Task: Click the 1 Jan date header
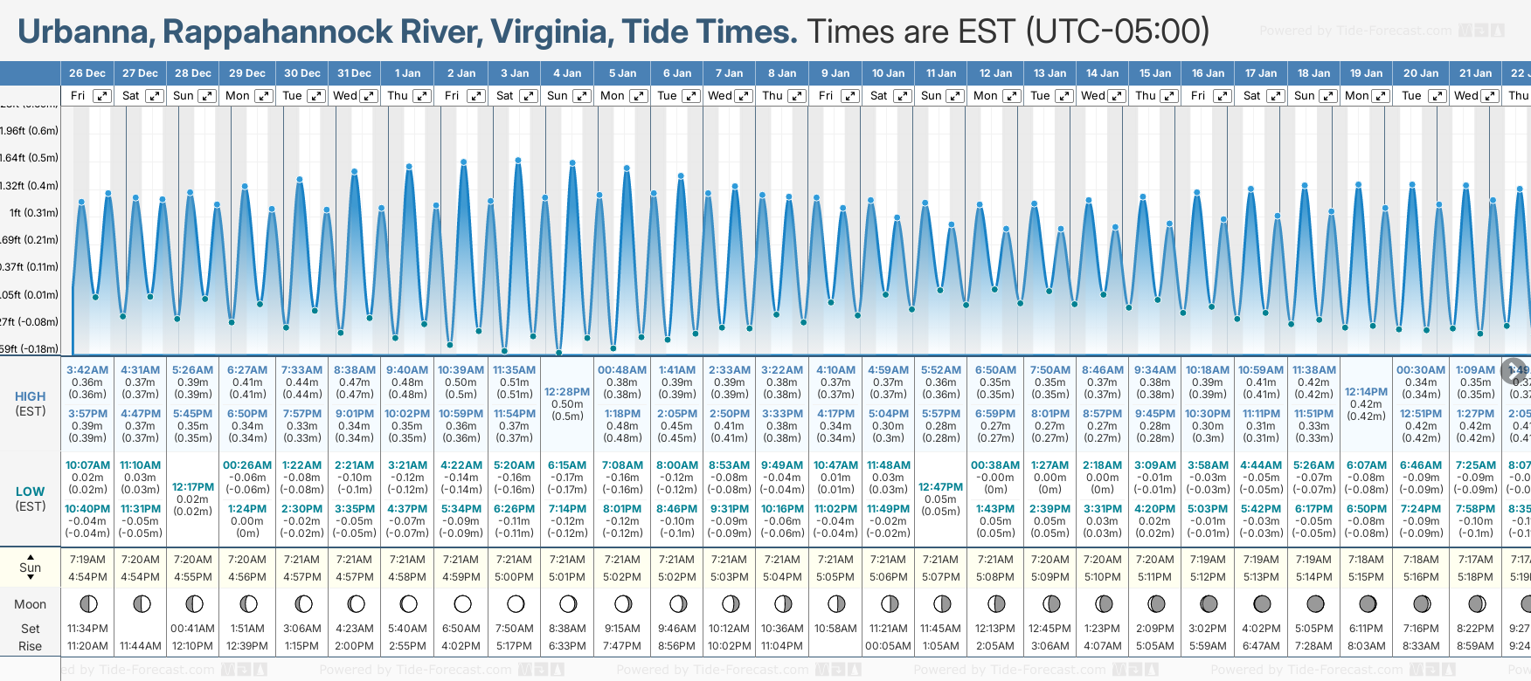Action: coord(407,73)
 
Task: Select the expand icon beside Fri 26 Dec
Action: coord(102,96)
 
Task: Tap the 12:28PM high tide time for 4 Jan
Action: coord(567,392)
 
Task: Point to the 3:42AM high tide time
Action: coord(87,370)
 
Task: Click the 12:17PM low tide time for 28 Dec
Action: coord(193,487)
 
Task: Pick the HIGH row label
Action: coord(31,396)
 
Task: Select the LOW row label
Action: coord(31,492)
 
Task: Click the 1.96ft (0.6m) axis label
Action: coord(30,131)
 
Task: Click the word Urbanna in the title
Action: coord(84,32)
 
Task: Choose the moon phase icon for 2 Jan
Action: coord(462,603)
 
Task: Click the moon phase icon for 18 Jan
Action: coord(1315,603)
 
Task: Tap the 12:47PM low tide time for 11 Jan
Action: coord(941,487)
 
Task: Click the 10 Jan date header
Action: coord(889,73)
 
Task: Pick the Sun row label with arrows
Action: coord(31,567)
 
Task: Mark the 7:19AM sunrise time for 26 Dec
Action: coord(87,560)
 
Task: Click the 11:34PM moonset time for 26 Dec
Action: coord(87,629)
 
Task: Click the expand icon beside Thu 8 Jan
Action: coord(797,96)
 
